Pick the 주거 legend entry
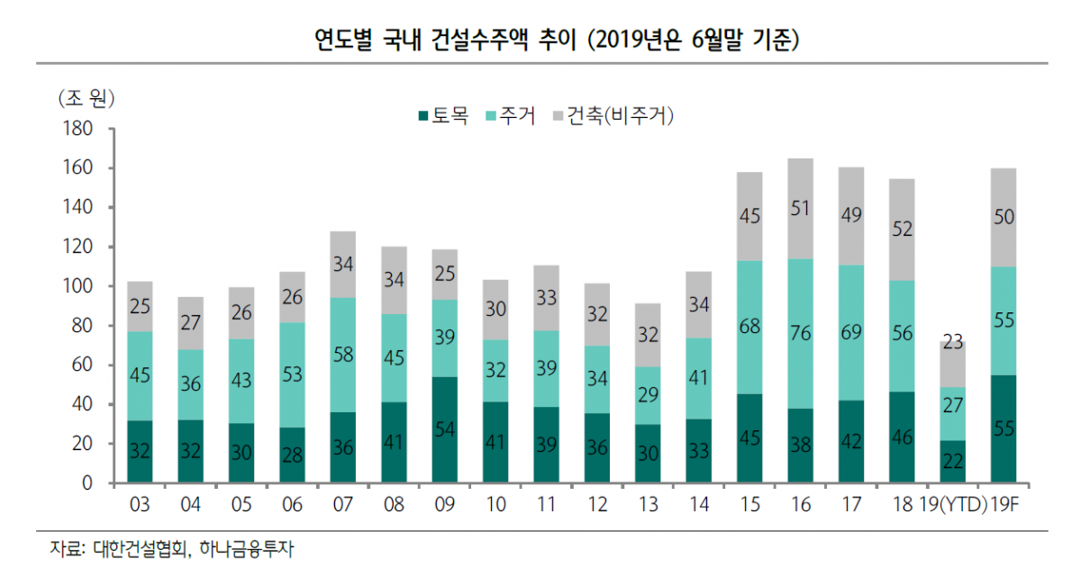(x=510, y=116)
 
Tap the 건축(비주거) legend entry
(x=612, y=116)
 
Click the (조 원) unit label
(x=86, y=96)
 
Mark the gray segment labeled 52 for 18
(x=902, y=230)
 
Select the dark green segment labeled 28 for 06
(x=293, y=455)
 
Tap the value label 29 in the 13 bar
(x=648, y=394)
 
